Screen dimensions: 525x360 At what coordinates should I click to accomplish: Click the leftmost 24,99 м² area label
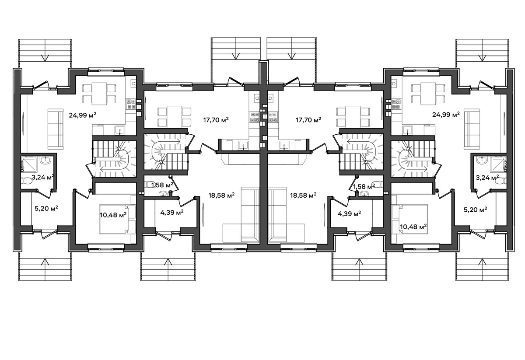point(83,115)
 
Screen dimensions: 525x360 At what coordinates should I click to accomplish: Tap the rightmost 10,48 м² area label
point(413,227)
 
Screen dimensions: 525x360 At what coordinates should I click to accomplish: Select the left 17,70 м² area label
point(216,120)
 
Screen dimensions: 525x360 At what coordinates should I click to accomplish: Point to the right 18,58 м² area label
point(303,195)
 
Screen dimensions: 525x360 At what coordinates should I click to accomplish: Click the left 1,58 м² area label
point(162,185)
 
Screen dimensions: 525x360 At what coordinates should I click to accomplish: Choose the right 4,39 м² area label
point(349,213)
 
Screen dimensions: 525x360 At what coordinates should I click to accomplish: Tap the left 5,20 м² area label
point(46,208)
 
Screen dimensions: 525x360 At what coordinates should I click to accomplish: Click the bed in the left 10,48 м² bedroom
point(118,219)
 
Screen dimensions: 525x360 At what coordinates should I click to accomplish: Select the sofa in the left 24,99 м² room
point(56,129)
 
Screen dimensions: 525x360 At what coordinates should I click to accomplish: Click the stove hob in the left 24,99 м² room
point(131,104)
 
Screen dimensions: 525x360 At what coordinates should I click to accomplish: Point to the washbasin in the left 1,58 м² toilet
point(163,194)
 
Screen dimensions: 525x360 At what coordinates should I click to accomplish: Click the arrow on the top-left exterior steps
point(45,58)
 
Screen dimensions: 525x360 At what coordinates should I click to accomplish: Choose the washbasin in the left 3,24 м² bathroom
point(45,160)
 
